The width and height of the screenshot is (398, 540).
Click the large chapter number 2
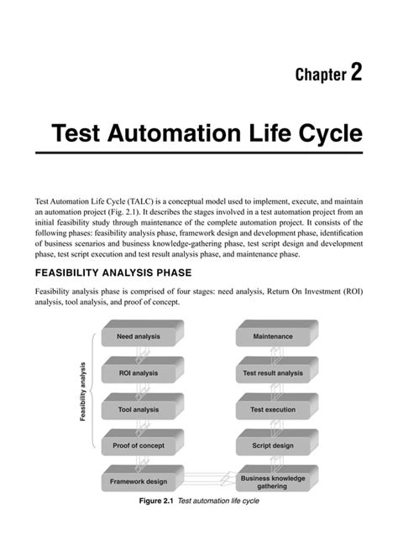(x=356, y=73)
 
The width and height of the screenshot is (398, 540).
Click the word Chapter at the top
(x=321, y=75)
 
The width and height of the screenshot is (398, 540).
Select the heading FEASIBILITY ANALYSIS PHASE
(x=114, y=273)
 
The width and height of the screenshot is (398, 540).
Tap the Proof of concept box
(x=138, y=445)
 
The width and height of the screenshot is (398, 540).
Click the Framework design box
(x=138, y=481)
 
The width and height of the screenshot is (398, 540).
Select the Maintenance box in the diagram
(x=272, y=336)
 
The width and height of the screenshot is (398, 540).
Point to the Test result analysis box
(x=272, y=373)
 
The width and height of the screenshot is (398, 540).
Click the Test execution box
(x=272, y=409)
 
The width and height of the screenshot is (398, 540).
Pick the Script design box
(x=272, y=445)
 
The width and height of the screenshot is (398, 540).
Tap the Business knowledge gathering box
(x=272, y=481)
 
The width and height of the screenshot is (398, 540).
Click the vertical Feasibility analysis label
(x=84, y=391)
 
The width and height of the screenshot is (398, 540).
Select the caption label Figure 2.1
(x=156, y=501)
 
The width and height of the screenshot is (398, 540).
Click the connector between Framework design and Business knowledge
(x=207, y=480)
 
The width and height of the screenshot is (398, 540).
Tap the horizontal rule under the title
(x=199, y=153)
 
